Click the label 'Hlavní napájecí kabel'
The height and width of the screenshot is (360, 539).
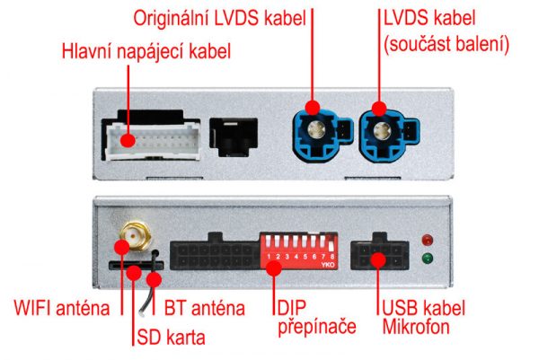tap(146, 51)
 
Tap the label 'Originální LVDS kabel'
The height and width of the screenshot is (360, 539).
tap(220, 18)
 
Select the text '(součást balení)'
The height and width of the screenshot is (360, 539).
tap(446, 44)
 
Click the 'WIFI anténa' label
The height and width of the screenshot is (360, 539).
tap(62, 308)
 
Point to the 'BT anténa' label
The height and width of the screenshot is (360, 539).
tap(205, 308)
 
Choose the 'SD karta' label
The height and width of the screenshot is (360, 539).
tap(171, 337)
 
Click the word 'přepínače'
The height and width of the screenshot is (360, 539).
tap(317, 327)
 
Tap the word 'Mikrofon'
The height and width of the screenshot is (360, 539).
tap(416, 327)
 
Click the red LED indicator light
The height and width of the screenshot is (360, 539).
tap(428, 240)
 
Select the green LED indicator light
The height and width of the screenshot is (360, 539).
tap(428, 259)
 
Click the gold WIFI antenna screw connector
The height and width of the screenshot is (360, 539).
tap(136, 235)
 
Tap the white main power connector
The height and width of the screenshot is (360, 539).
tap(153, 141)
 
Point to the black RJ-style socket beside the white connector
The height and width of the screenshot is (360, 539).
tap(234, 137)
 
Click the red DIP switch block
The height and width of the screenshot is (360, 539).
tap(299, 250)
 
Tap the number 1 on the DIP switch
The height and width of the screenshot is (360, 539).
tap(269, 256)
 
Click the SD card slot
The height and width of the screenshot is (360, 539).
tap(137, 265)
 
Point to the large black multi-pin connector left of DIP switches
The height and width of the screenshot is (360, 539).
tap(215, 253)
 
